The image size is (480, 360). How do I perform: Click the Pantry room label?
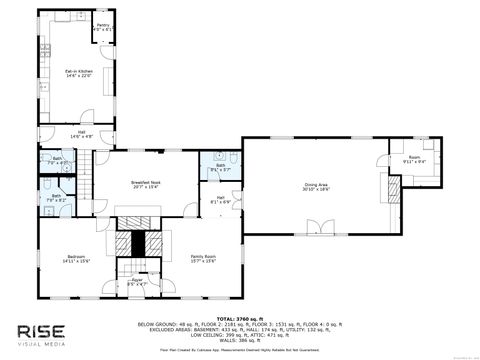102,29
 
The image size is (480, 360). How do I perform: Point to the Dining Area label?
317,186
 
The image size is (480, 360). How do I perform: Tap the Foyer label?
137,283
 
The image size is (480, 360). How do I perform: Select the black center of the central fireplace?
139,244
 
